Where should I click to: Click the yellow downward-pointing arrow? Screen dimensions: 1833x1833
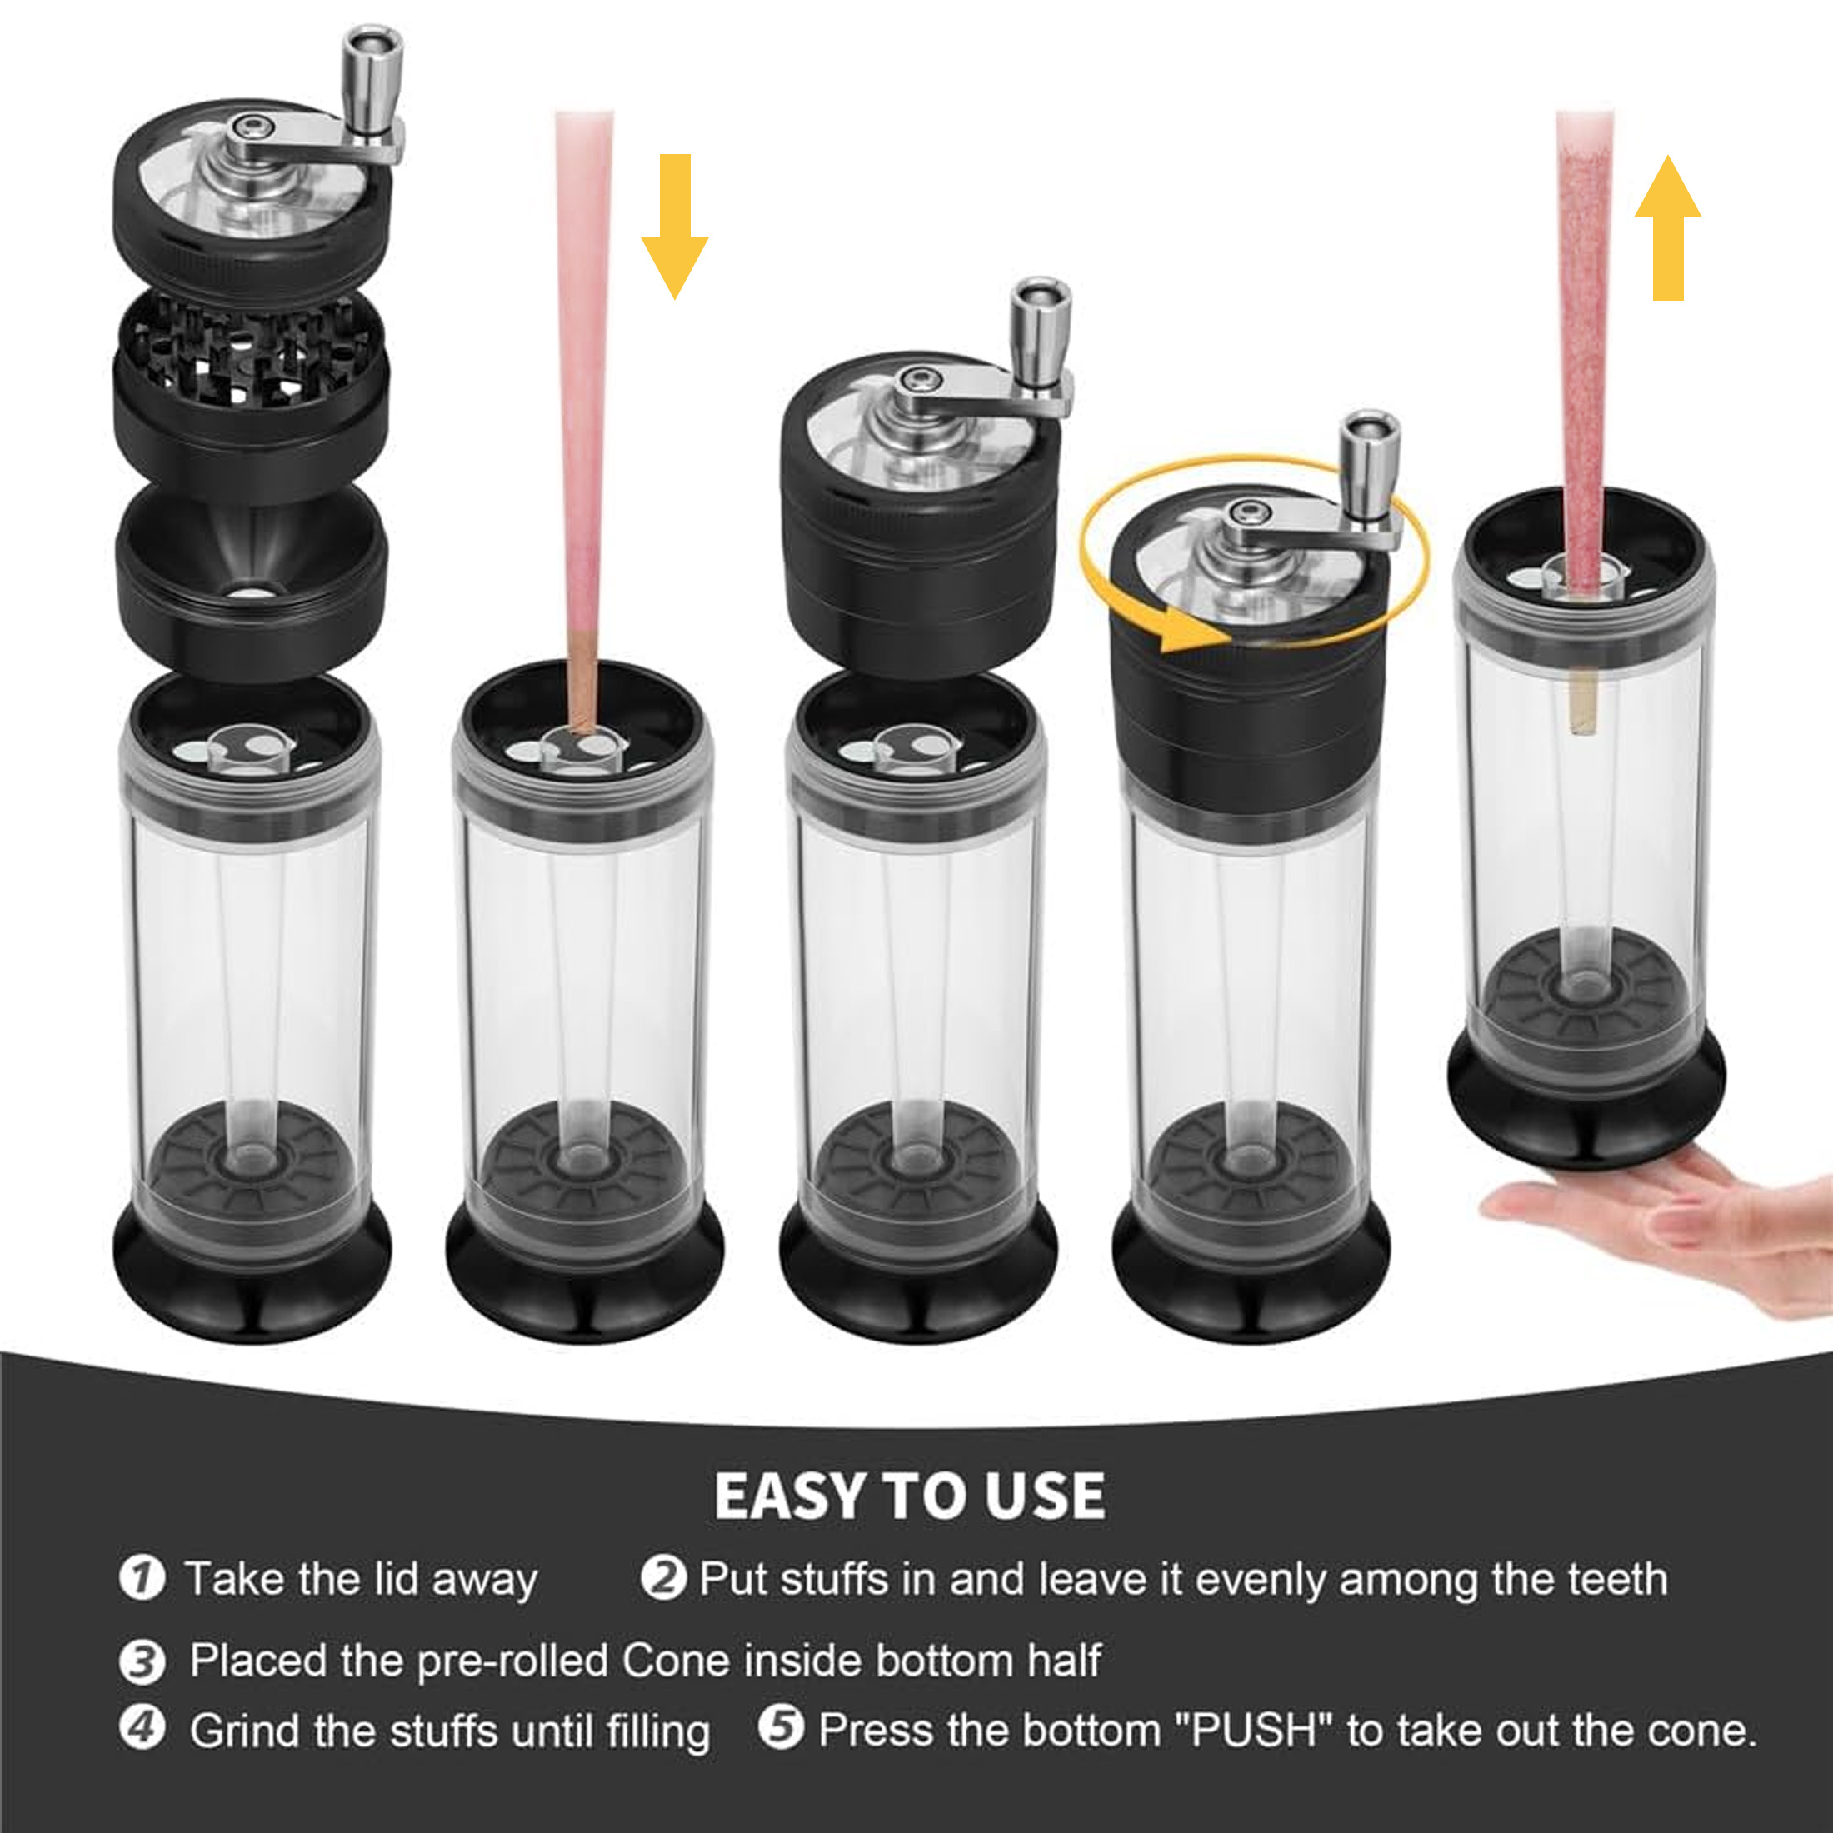tap(675, 227)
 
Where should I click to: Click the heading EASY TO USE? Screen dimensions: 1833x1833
tap(909, 1496)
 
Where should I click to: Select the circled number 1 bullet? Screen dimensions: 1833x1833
tap(142, 1579)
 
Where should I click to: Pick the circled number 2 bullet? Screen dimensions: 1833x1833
tap(662, 1579)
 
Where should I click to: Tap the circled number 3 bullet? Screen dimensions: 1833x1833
tap(142, 1661)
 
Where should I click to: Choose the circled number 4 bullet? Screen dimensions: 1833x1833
tap(142, 1729)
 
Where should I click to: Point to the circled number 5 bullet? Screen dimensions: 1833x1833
tap(781, 1729)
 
